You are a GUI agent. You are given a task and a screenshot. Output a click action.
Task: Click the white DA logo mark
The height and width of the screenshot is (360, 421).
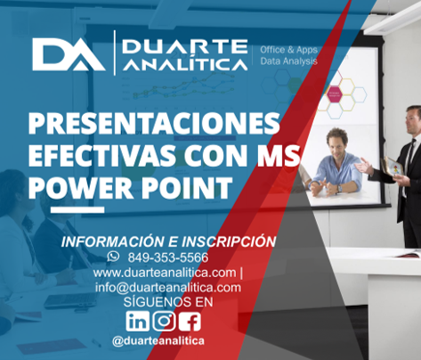coord(69,54)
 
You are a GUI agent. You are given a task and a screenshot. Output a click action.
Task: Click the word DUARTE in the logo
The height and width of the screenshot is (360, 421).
coord(185,46)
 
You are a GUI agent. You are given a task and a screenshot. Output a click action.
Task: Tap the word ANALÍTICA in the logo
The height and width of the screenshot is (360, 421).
coord(185,63)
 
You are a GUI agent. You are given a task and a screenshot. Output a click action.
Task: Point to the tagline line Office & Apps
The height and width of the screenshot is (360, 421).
coord(288,50)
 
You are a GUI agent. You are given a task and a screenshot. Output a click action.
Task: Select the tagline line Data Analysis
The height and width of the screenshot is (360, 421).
coord(288,61)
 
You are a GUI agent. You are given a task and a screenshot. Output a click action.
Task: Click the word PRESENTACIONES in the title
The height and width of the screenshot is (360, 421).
coord(154,124)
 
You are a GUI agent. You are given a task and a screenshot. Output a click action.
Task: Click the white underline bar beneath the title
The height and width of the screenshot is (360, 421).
coord(77,209)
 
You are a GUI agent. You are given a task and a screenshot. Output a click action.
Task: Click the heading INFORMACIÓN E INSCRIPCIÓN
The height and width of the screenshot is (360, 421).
coord(168,241)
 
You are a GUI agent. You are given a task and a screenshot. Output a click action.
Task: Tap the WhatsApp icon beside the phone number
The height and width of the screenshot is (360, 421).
coord(113,256)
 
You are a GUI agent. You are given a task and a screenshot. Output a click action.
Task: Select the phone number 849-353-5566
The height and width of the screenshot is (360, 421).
coord(168,258)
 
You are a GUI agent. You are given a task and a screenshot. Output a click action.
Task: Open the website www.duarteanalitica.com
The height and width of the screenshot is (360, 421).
coord(165,273)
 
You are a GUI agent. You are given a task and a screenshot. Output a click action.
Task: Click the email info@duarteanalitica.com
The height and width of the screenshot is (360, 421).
coord(168,287)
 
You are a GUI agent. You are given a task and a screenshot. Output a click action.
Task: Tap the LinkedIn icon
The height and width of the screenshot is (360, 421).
coord(137,321)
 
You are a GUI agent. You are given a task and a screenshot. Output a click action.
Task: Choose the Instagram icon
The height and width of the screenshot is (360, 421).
coord(165,321)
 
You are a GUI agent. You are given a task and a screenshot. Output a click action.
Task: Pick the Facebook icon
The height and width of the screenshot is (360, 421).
coord(190,321)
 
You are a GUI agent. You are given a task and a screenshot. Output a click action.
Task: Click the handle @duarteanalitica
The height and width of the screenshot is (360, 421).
coord(158,341)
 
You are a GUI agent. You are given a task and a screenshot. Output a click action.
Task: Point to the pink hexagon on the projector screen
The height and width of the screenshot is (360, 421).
coord(335,94)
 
